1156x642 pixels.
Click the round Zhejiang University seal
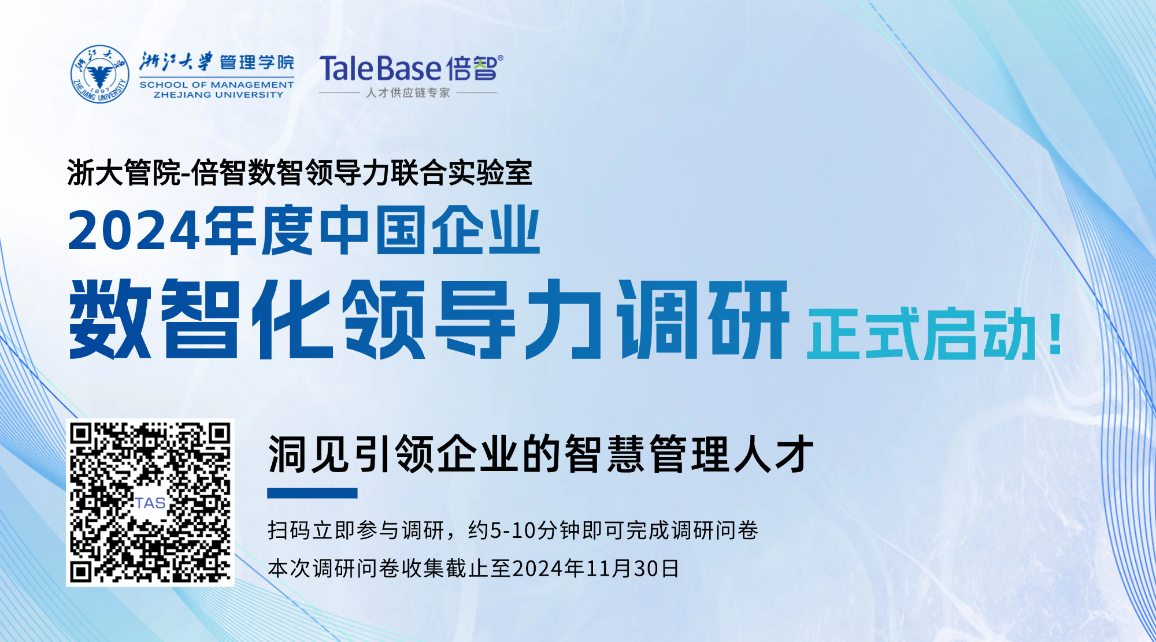point(100,74)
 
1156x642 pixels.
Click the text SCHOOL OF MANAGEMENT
point(217,85)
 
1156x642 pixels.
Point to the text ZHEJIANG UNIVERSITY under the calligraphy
point(218,95)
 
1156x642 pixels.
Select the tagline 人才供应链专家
point(408,92)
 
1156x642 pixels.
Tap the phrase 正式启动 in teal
point(921,334)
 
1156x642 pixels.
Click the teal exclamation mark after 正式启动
point(1055,333)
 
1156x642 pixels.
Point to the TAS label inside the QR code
point(150,503)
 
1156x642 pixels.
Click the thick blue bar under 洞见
point(312,493)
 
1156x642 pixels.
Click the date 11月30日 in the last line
point(632,569)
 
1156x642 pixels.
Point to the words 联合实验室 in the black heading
point(461,172)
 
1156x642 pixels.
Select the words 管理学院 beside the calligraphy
point(257,62)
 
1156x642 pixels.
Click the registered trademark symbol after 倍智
point(500,58)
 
